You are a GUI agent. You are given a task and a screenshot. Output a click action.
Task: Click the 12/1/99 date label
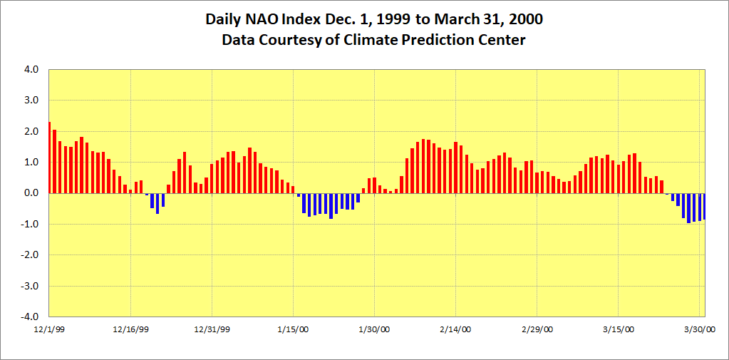click(49, 329)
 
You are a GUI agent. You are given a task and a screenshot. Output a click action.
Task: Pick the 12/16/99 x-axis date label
click(130, 329)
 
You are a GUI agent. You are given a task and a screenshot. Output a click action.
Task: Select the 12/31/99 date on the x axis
click(212, 329)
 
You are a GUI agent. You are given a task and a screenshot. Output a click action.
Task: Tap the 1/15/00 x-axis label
click(293, 329)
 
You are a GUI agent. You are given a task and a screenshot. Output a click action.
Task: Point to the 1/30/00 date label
click(374, 329)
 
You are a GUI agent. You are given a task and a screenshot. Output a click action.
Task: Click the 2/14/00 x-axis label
click(455, 329)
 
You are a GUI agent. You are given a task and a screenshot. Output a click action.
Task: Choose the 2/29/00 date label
click(537, 329)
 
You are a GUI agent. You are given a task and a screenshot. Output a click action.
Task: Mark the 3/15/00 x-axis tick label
click(618, 329)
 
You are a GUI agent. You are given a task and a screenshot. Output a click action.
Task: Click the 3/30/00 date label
click(699, 329)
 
